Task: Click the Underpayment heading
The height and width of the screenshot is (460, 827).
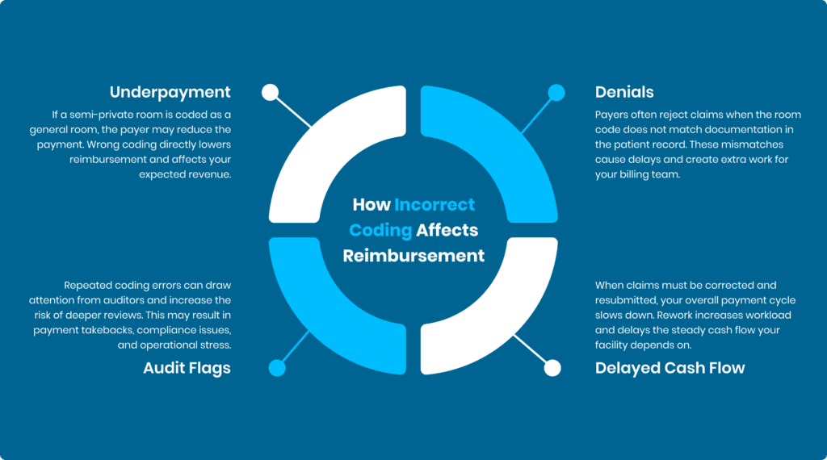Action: point(170,92)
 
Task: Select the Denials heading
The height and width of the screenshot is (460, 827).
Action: point(624,92)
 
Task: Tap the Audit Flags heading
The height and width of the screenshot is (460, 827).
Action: point(187,368)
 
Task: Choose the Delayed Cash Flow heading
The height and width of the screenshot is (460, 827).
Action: point(670,368)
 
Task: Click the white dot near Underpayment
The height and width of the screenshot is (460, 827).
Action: point(271,92)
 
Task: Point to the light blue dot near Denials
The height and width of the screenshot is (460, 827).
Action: point(556,92)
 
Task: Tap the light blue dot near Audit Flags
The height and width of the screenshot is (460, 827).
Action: point(277,368)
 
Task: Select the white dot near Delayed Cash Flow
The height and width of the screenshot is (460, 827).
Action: point(552,368)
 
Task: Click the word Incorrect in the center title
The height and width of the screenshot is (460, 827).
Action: point(434,205)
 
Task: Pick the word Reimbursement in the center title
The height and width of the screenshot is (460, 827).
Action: point(413,256)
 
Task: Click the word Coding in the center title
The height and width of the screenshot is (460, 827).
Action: point(380,230)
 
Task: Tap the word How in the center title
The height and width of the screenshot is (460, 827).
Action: point(371,205)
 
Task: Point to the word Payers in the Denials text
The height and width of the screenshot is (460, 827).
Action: point(613,115)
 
